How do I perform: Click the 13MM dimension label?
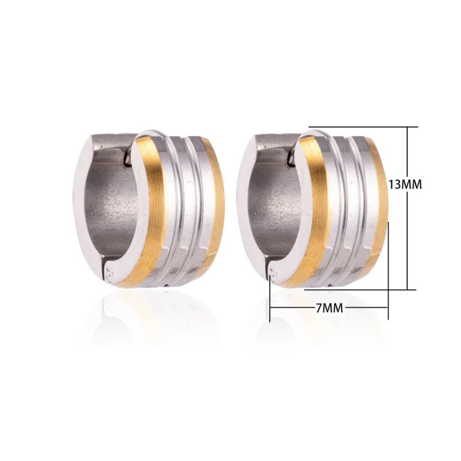click(x=405, y=184)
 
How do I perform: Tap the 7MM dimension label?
click(x=329, y=308)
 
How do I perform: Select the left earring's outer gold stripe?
click(x=218, y=207)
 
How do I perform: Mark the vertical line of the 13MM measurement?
click(x=408, y=242)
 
